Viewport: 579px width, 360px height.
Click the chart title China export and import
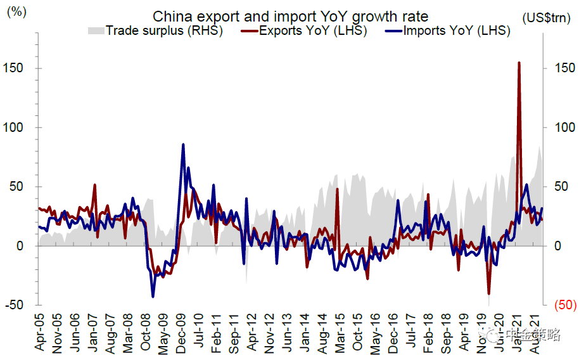pyautogui.click(x=290, y=16)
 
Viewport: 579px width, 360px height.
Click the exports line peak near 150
pyautogui.click(x=519, y=62)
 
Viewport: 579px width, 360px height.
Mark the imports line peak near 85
pyautogui.click(x=183, y=145)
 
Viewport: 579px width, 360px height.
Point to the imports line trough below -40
pyautogui.click(x=153, y=296)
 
